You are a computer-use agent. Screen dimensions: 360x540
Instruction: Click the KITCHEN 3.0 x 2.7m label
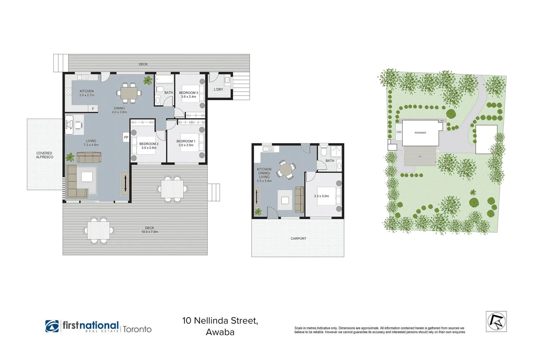[87, 93]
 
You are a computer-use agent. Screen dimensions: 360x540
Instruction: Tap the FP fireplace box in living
[126, 137]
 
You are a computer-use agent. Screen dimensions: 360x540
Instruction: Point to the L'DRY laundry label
[218, 89]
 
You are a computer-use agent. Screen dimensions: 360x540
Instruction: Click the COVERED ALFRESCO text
[44, 155]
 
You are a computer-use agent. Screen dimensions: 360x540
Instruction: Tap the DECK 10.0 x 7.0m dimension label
[150, 230]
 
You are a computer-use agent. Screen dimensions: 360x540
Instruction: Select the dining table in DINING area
[129, 93]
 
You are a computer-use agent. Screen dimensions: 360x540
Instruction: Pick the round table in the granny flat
[286, 169]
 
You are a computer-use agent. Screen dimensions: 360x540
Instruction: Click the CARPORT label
[298, 238]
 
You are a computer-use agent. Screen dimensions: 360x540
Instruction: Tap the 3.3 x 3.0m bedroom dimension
[321, 196]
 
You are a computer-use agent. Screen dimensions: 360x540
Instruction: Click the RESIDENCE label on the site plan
[420, 133]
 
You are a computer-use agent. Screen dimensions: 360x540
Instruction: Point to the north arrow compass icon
[496, 321]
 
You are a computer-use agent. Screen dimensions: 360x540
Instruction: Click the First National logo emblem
[52, 326]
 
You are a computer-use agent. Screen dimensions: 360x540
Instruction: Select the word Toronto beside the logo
[137, 329]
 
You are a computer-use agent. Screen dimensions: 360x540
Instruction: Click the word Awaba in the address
[220, 332]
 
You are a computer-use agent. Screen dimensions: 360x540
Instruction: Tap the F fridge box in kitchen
[93, 109]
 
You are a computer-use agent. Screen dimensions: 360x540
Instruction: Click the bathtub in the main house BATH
[165, 79]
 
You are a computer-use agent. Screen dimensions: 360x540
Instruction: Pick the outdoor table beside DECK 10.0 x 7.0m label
[99, 230]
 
